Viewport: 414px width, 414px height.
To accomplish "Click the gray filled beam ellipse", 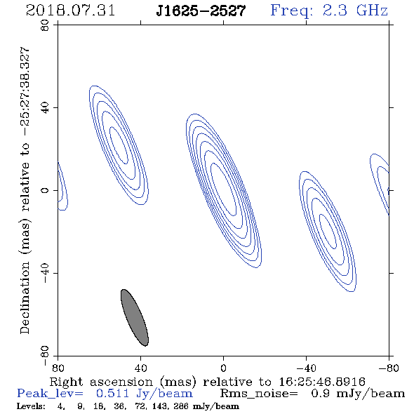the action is [135, 317].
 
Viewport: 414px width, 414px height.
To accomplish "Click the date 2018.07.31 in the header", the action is [70, 11].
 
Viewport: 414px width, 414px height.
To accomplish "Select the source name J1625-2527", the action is [201, 11].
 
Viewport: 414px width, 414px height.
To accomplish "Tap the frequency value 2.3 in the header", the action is [335, 11].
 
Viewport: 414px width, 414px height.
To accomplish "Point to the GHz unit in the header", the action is [372, 11].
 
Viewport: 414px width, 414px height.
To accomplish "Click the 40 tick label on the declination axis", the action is [45, 108].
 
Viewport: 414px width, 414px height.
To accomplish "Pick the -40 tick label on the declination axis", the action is [45, 273].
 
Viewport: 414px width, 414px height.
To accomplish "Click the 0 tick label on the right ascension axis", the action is [223, 368].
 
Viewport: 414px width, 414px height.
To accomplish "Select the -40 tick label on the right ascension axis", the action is [306, 368].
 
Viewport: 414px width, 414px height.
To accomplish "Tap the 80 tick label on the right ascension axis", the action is [58, 368].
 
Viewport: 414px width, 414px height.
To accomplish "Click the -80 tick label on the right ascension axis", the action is [389, 368].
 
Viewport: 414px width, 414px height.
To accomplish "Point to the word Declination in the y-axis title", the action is [25, 298].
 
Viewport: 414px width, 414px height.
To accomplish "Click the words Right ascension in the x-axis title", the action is [101, 382].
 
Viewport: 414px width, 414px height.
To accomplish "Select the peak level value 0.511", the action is [112, 394].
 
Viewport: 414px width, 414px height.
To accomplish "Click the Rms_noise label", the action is [259, 394].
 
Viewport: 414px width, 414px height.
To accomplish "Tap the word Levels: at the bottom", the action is [31, 406].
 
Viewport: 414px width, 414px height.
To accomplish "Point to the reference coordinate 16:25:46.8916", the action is [322, 382].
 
